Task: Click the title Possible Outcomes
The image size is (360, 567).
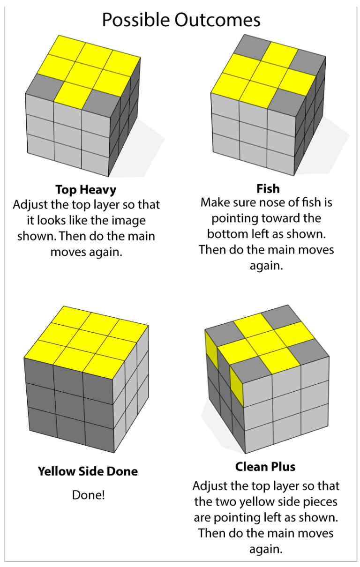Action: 181,20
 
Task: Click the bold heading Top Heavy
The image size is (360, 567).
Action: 86,190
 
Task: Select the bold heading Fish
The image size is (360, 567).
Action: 268,189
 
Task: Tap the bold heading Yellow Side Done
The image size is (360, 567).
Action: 88,471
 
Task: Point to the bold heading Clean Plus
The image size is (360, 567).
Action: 265,467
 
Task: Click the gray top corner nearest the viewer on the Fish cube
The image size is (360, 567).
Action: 288,103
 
